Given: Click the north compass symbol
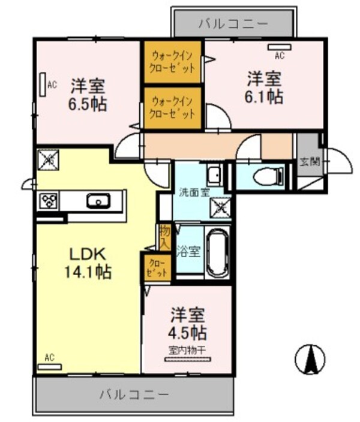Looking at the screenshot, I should click(x=311, y=359).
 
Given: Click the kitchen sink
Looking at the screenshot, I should click(x=97, y=201).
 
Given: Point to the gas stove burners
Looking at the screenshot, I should click(x=48, y=201).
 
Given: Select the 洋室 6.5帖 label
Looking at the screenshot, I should click(x=88, y=94).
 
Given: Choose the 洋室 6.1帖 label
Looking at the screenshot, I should click(x=265, y=88).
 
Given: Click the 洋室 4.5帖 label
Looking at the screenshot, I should click(x=188, y=324).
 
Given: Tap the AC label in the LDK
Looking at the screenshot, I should click(x=49, y=358).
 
